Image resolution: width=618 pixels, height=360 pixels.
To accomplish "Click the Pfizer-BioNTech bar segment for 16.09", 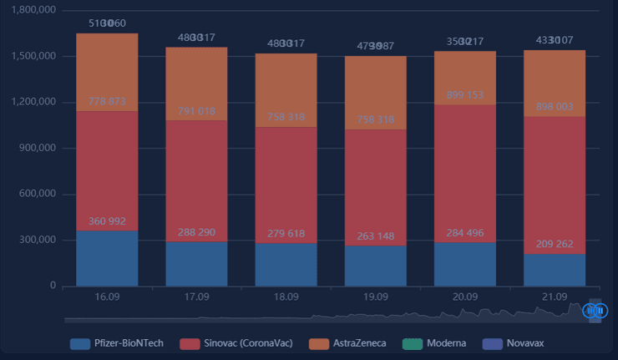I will tap(107, 259).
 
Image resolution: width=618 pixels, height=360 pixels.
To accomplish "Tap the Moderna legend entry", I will tap(439, 343).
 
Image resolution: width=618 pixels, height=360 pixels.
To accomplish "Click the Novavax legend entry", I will tap(517, 343).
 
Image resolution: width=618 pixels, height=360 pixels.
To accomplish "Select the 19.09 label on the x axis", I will tap(376, 297).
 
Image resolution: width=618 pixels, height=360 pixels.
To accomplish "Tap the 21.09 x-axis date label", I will tap(555, 297).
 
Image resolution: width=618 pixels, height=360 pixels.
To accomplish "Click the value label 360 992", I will tap(107, 221).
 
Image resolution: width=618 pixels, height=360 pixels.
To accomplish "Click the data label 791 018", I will tap(196, 111).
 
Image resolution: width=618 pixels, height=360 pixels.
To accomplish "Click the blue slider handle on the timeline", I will tap(595, 311).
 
